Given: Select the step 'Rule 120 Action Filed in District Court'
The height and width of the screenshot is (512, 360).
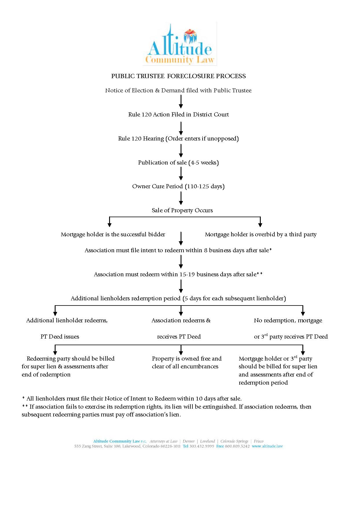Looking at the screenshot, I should pos(178,114).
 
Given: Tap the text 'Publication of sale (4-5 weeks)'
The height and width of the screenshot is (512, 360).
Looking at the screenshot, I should pos(178,162).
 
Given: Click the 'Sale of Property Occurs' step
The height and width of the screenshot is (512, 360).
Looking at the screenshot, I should pos(182,210).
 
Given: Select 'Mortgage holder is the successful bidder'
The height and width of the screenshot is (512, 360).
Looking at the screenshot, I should pos(113,234).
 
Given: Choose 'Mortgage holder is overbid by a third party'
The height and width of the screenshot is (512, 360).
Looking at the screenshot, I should pos(260,234).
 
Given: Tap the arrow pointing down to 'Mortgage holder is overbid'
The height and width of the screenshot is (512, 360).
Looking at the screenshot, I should pos(260,223).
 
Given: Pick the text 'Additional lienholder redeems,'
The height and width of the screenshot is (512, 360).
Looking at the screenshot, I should pos(67,320).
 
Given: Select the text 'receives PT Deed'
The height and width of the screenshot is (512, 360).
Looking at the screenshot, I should pos(179,337).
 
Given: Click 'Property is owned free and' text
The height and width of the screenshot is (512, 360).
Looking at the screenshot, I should pos(187,359).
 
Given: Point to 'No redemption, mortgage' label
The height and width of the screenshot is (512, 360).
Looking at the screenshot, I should pos(288,320).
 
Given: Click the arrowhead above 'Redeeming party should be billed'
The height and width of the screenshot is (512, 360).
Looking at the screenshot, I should pos(55,352).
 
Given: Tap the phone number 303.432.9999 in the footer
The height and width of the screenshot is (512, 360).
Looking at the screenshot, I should pos(202,446).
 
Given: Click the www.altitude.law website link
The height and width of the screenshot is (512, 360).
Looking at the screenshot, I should pos(267,446).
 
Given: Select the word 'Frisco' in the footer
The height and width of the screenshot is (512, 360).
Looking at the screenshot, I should pos(258,441).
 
